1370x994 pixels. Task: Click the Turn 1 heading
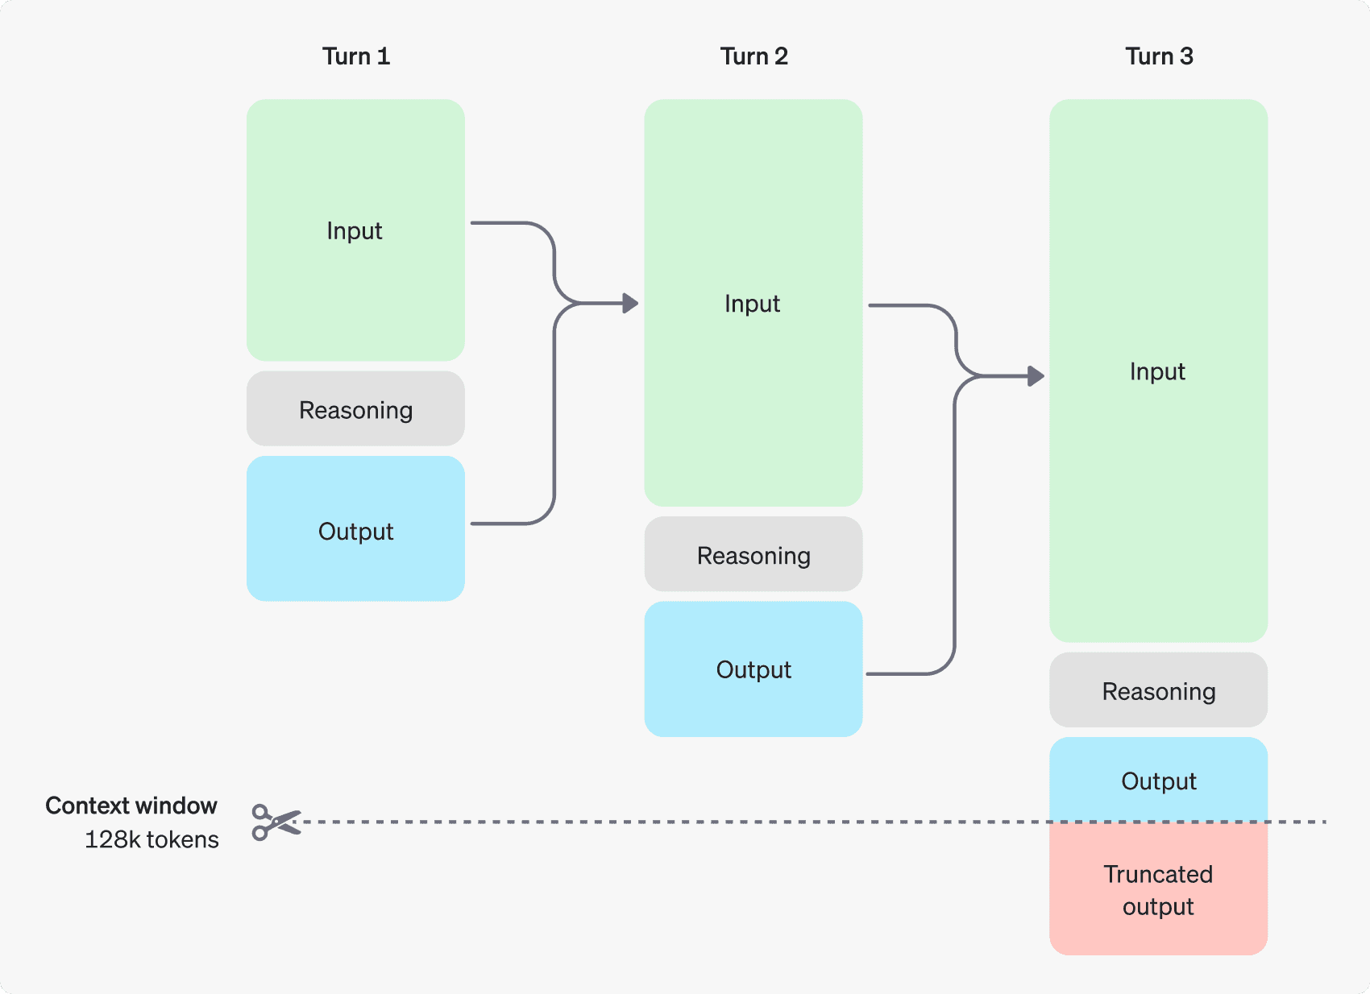pyautogui.click(x=356, y=56)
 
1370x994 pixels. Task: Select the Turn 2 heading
pyautogui.click(x=753, y=56)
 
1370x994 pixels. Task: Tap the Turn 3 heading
pyautogui.click(x=1159, y=56)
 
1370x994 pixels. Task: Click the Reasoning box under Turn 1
pyautogui.click(x=355, y=409)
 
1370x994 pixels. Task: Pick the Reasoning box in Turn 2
pyautogui.click(x=753, y=555)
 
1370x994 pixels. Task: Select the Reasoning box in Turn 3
pyautogui.click(x=1158, y=691)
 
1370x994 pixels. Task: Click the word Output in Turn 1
pyautogui.click(x=355, y=532)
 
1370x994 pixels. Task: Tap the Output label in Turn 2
pyautogui.click(x=753, y=669)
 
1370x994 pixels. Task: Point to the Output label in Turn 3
pyautogui.click(x=1158, y=781)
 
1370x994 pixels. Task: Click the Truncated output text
pyautogui.click(x=1158, y=890)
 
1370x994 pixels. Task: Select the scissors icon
pyautogui.click(x=276, y=822)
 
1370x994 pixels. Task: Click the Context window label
pyautogui.click(x=131, y=806)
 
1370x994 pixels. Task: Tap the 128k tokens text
pyautogui.click(x=152, y=839)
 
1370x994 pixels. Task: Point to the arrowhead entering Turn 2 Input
pyautogui.click(x=631, y=304)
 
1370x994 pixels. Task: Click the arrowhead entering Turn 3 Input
pyautogui.click(x=1036, y=375)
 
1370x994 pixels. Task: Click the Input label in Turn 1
pyautogui.click(x=355, y=231)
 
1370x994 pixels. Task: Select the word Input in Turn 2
pyautogui.click(x=752, y=304)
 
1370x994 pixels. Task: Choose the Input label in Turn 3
pyautogui.click(x=1157, y=371)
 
